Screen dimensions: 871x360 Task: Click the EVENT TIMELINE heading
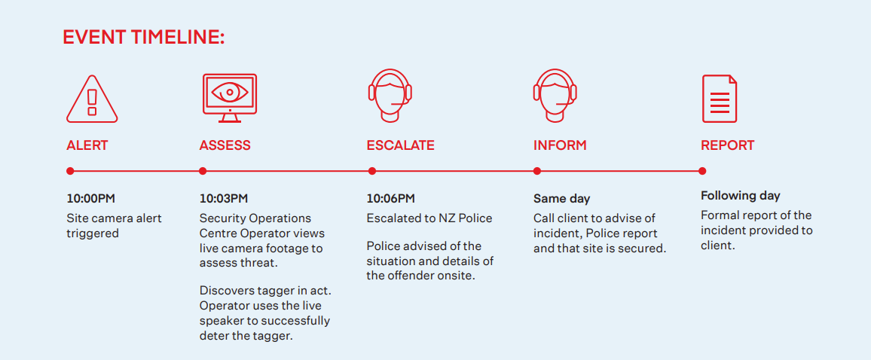[x=144, y=37]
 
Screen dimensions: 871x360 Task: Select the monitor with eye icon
[x=229, y=98]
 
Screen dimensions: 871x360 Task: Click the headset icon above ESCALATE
[x=390, y=95]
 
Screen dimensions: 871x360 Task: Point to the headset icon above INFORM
[x=555, y=95]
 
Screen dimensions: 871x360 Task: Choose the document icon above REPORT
[x=720, y=99]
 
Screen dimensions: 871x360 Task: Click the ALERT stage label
[x=87, y=145]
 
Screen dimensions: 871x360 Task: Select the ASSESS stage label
[x=225, y=145]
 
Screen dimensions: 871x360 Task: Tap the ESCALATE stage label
[x=401, y=145]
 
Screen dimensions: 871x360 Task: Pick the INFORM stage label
[x=560, y=145]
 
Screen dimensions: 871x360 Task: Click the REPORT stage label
[x=728, y=145]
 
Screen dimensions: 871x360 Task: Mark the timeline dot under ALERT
[x=70, y=171]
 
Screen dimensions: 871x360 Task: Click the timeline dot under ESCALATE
[x=371, y=171]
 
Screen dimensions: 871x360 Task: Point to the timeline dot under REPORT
[x=702, y=171]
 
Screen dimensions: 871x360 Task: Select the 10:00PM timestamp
[x=91, y=199]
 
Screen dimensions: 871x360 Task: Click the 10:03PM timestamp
[x=224, y=199]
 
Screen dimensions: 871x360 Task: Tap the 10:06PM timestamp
[x=390, y=199]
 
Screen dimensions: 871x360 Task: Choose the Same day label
[x=561, y=199]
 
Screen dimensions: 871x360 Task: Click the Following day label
[x=741, y=196]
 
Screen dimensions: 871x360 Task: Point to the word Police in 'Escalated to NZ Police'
[x=475, y=218]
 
